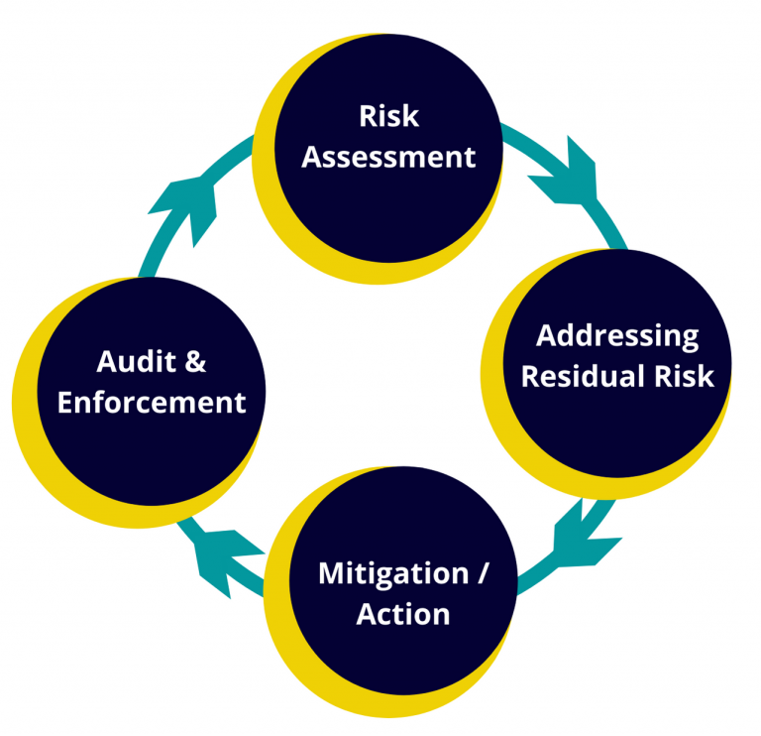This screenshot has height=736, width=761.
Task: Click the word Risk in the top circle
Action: [388, 116]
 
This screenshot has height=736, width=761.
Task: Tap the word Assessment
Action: [388, 157]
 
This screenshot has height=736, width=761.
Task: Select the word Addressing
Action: [617, 336]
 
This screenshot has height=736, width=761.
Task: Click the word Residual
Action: [583, 376]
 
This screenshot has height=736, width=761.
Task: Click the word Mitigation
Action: [393, 574]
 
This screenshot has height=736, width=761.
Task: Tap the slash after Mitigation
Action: [482, 573]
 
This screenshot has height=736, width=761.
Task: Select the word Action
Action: [403, 614]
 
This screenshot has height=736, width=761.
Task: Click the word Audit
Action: [136, 361]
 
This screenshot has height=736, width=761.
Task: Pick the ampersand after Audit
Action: [195, 362]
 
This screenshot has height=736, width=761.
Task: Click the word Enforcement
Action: [152, 403]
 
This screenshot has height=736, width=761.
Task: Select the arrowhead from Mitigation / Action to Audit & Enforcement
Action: [223, 558]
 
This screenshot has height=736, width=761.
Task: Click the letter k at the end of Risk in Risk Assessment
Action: [411, 116]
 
